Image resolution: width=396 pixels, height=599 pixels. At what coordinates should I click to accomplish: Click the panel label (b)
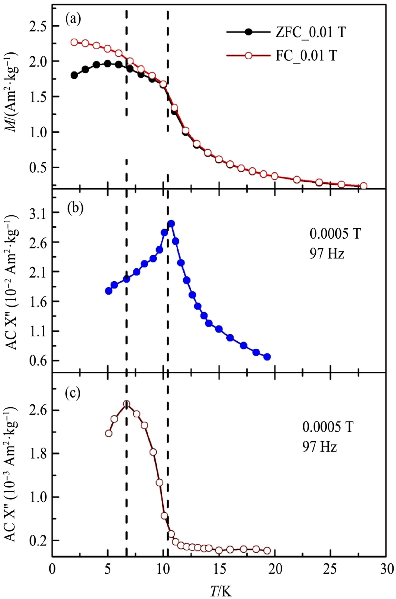pyautogui.click(x=75, y=206)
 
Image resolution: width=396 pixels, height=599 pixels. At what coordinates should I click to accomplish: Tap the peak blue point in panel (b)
pyautogui.click(x=171, y=224)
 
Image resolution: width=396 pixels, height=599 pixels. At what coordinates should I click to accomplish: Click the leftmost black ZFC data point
pyautogui.click(x=74, y=75)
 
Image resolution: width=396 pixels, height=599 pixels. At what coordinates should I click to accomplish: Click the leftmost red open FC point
pyautogui.click(x=74, y=42)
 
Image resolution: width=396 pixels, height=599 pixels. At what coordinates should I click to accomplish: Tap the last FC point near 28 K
pyautogui.click(x=363, y=186)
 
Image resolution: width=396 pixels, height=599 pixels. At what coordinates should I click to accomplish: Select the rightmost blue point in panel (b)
pyautogui.click(x=267, y=357)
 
